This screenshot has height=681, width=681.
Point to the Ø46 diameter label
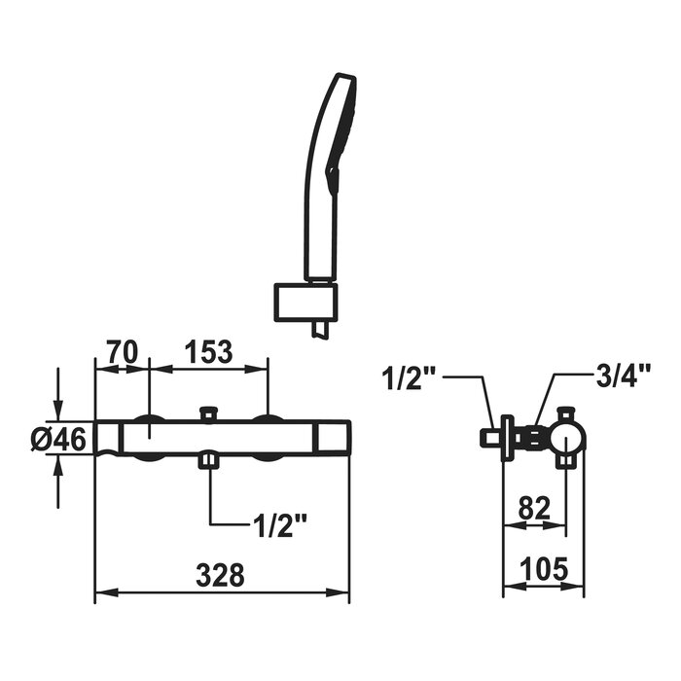58,441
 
